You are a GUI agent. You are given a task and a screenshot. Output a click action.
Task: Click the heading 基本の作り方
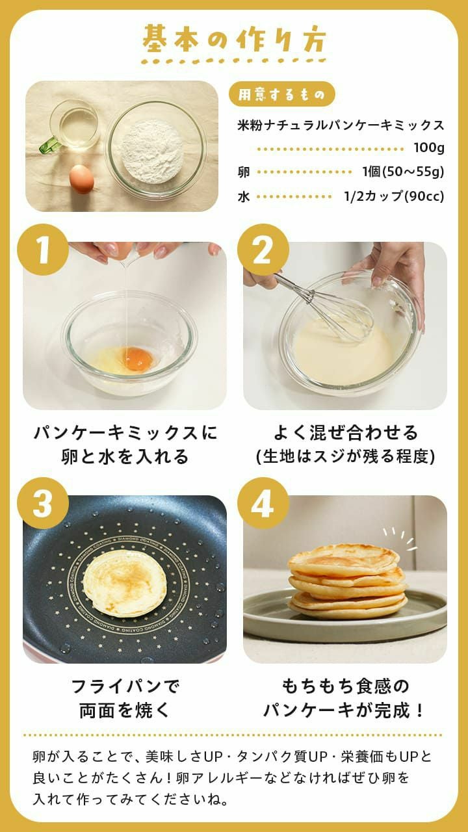tap(234, 40)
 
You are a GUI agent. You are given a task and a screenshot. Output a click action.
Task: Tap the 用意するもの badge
tap(281, 94)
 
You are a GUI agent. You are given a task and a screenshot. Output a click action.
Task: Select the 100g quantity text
tap(428, 148)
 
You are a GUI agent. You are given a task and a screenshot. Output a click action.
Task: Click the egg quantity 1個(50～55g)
tap(403, 172)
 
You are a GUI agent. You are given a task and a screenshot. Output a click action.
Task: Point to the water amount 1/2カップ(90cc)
tap(394, 196)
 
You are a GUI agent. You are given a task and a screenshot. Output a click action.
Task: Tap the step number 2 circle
tap(263, 250)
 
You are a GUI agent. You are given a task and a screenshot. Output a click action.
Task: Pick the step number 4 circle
tap(263, 502)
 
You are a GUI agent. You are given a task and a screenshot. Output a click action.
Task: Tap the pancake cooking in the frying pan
tap(124, 583)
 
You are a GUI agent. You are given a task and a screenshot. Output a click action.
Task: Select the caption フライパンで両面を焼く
tap(124, 698)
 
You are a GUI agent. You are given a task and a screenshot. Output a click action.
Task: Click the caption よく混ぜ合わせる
tap(345, 433)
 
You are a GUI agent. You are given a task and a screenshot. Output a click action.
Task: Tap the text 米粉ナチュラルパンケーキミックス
tap(341, 125)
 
